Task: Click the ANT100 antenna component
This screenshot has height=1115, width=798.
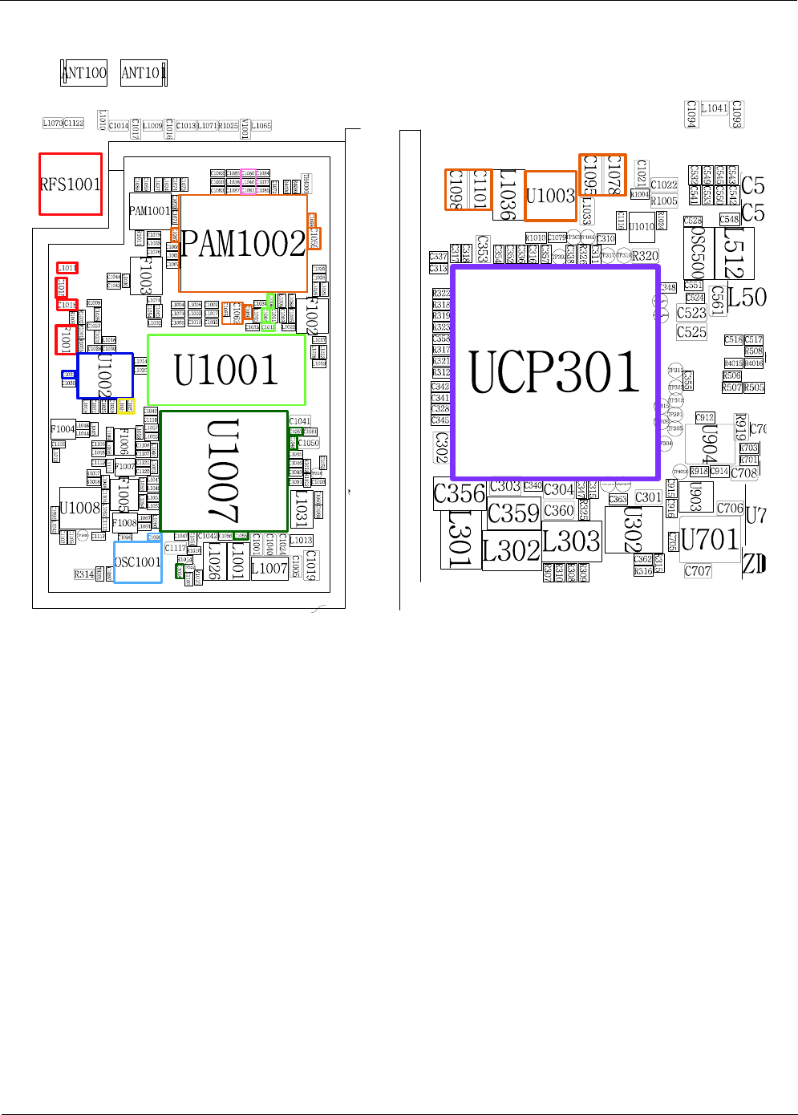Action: (x=84, y=73)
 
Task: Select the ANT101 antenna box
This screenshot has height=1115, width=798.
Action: (x=143, y=73)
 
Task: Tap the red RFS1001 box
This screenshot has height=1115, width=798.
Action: (x=71, y=184)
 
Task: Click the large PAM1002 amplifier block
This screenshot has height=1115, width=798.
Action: (x=243, y=243)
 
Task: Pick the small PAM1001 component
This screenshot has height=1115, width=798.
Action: (x=149, y=211)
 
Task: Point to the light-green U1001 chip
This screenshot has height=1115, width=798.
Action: (x=226, y=370)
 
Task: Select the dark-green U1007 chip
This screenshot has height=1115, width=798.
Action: (x=224, y=471)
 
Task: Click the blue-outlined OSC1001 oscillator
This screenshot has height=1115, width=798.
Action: (x=137, y=562)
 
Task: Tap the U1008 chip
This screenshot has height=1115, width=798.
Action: (x=79, y=508)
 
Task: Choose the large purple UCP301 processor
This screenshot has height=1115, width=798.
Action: (x=555, y=372)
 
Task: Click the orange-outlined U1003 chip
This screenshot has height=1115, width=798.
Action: (x=550, y=196)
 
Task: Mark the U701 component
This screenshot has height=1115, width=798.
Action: (x=709, y=539)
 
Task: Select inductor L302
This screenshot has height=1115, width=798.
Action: (x=511, y=551)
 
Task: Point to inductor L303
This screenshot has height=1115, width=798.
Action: (x=571, y=541)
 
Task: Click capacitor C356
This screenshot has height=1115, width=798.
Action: (x=460, y=493)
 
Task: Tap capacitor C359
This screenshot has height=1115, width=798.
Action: (x=513, y=513)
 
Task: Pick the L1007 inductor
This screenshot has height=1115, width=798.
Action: (x=269, y=569)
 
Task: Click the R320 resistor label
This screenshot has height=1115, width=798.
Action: (x=645, y=257)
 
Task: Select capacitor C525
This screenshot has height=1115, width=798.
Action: (x=691, y=332)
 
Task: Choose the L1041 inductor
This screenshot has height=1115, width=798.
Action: (x=714, y=108)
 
